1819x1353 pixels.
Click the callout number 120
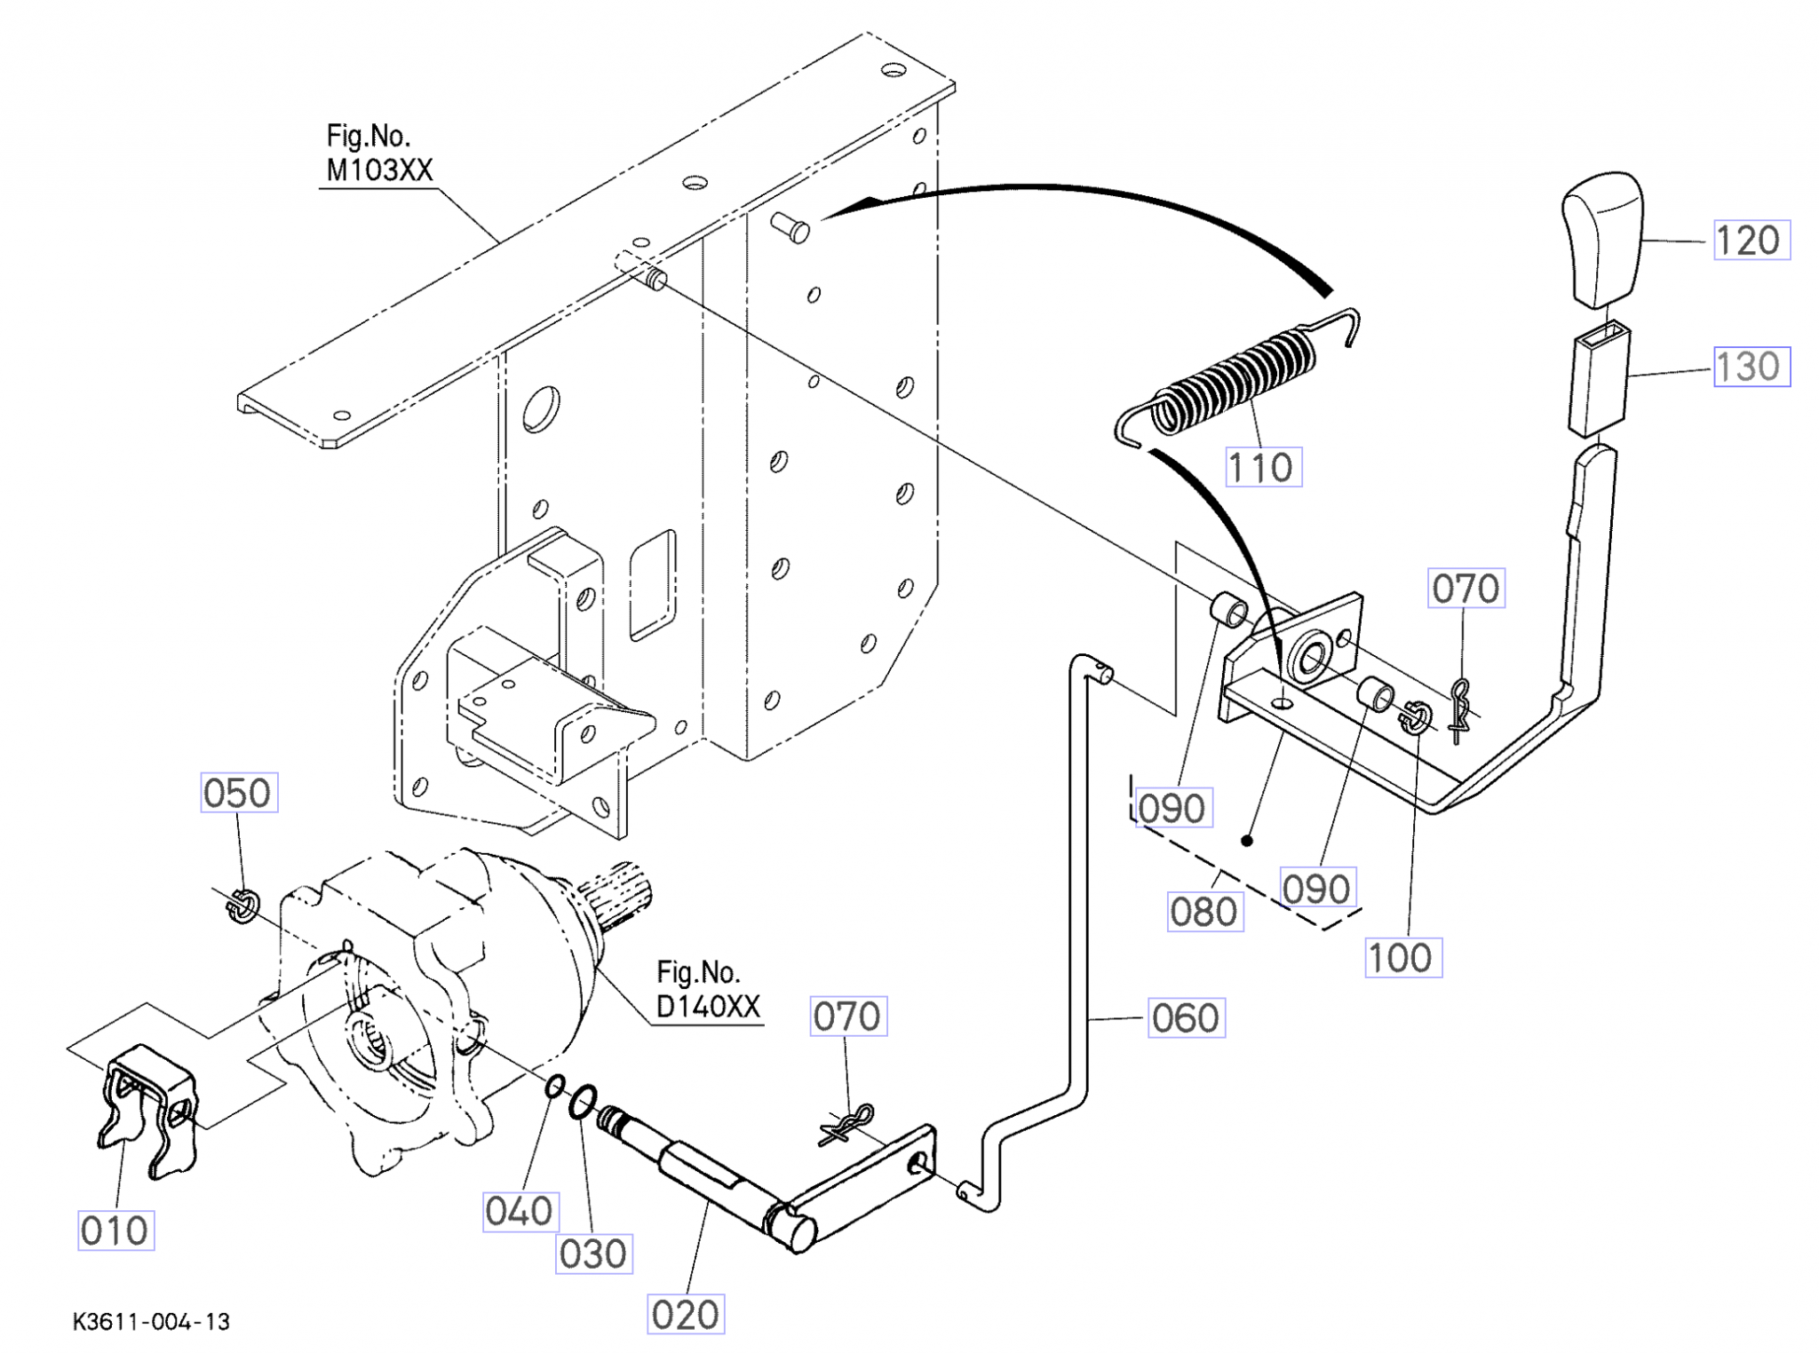point(1751,240)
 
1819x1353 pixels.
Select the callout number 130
point(1751,367)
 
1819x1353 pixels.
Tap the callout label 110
point(1263,467)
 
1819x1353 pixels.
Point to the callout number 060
point(1187,1017)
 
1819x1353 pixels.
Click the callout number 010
point(115,1230)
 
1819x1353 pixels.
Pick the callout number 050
point(238,792)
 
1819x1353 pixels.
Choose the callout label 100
point(1402,957)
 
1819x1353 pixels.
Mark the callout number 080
point(1204,911)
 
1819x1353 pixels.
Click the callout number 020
point(686,1314)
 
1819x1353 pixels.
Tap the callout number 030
point(593,1254)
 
